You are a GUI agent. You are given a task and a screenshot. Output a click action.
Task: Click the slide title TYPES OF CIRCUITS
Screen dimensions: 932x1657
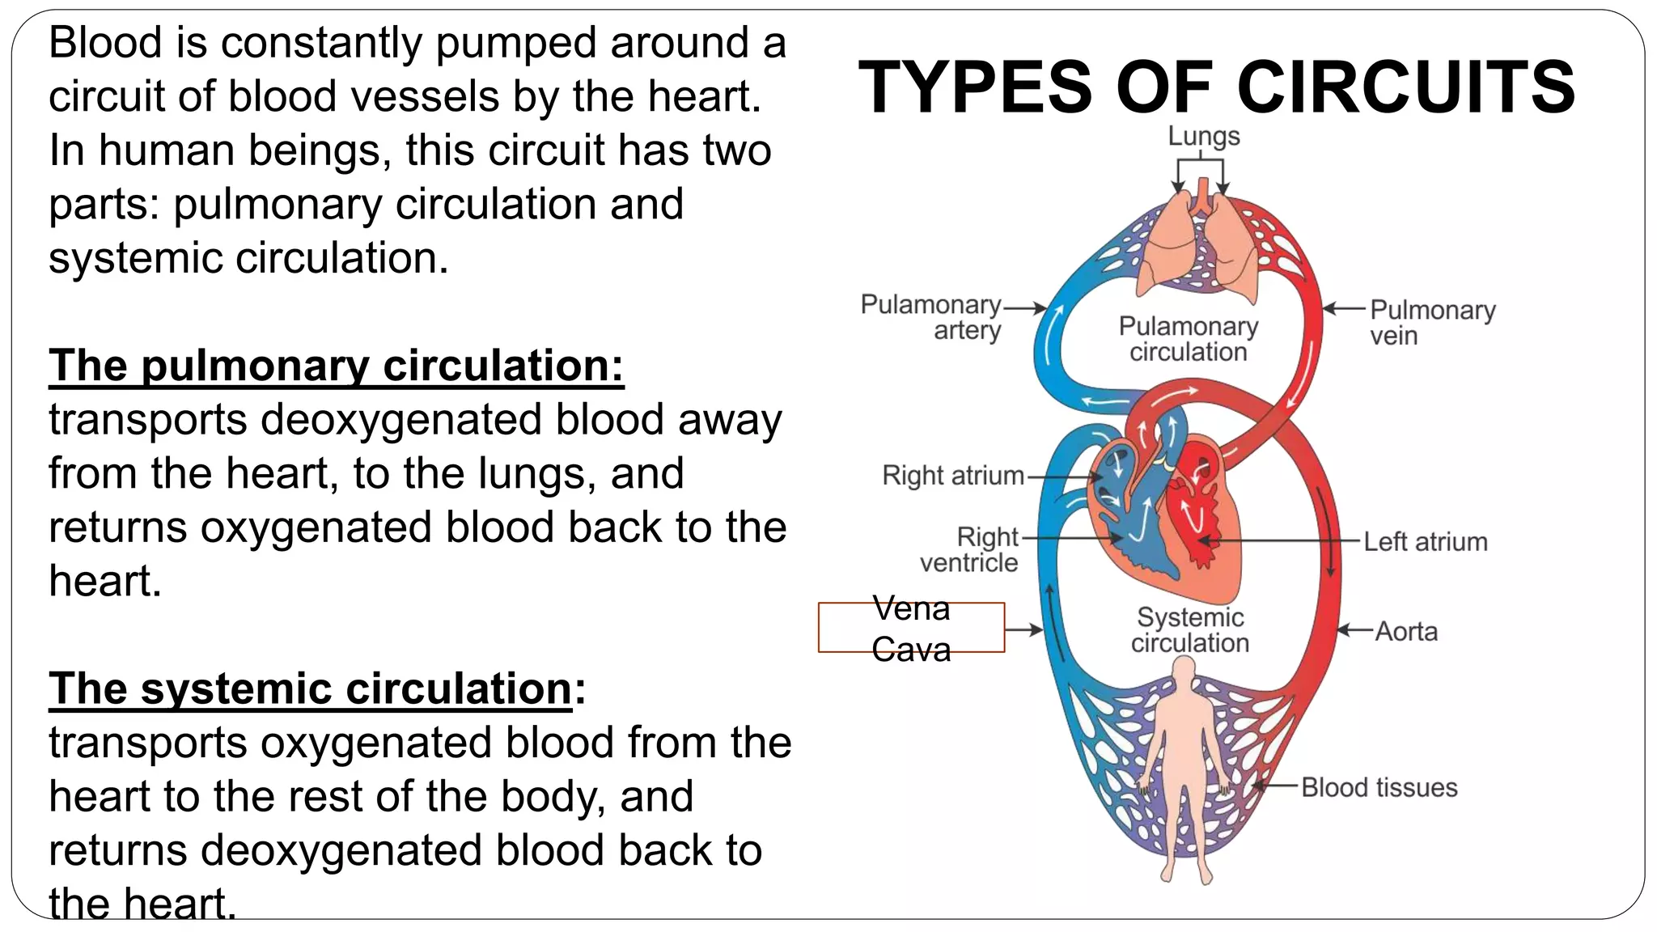tap(1216, 87)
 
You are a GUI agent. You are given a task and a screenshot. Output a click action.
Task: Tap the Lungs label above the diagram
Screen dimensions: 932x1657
tap(1203, 136)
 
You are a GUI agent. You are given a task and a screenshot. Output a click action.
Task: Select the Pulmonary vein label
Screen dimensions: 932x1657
tap(1432, 322)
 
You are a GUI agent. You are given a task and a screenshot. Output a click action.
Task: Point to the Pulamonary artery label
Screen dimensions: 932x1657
tap(930, 317)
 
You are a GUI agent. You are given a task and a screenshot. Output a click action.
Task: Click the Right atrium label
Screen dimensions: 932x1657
tap(953, 476)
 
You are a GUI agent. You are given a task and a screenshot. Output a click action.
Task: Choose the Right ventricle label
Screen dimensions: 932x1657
tap(969, 549)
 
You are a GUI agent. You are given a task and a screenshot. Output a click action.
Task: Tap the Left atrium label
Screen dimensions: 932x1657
tap(1425, 542)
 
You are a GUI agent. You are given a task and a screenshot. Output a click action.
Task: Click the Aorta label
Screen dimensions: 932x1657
tap(1406, 631)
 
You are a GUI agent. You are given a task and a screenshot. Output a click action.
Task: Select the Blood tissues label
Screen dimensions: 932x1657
tap(1379, 787)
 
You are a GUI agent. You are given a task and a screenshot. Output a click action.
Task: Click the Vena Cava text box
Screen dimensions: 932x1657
tap(911, 628)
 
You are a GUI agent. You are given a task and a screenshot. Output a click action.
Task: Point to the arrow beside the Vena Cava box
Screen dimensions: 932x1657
tap(1024, 629)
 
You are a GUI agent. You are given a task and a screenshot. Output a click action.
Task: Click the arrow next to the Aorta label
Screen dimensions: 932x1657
tap(1354, 630)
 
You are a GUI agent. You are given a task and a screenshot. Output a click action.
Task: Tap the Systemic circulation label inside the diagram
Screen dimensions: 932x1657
tap(1190, 630)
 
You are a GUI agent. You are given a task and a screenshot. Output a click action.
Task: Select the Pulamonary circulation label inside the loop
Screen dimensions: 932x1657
tap(1189, 339)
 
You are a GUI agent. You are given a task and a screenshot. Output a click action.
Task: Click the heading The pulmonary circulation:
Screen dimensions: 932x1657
tap(336, 366)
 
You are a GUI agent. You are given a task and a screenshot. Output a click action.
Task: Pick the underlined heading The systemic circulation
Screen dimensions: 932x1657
tap(311, 689)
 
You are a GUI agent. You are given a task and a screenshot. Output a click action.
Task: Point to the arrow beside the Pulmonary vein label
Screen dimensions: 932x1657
tap(1343, 308)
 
